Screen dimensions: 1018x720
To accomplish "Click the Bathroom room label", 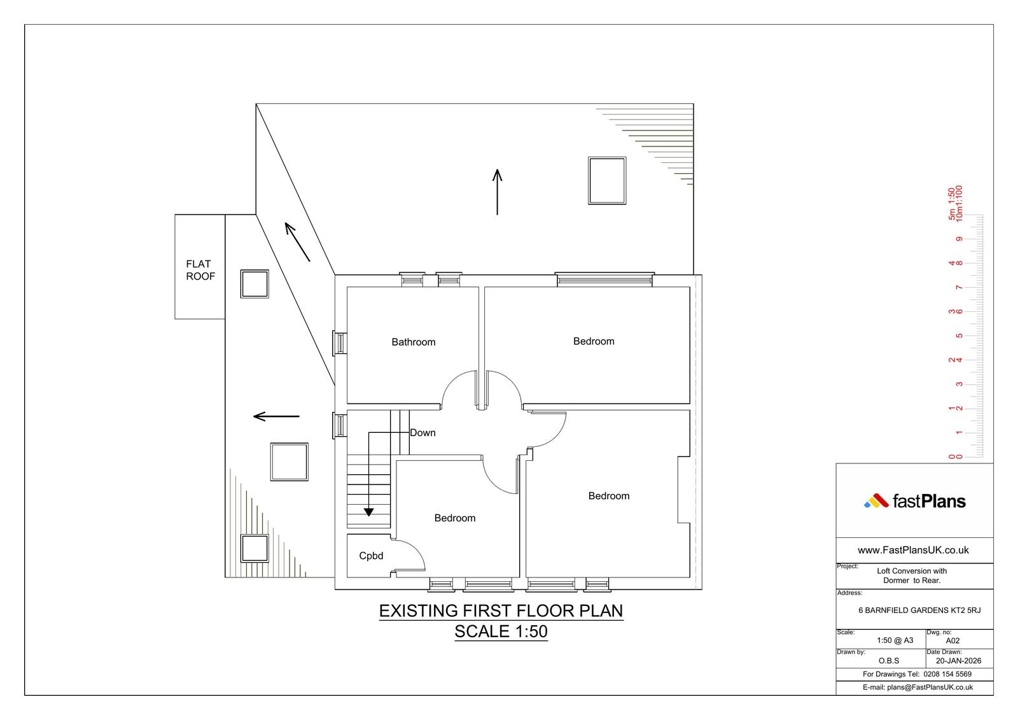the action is tap(413, 342).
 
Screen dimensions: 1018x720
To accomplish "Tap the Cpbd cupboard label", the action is tap(371, 556).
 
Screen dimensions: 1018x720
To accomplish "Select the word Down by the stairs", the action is tap(422, 432).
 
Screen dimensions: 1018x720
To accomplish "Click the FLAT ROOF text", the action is tap(200, 270).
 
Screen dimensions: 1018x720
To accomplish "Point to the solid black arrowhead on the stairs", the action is tap(368, 512).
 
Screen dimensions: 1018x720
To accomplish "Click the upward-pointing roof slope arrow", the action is tap(497, 192).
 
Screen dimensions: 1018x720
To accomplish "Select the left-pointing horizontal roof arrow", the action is tap(276, 416).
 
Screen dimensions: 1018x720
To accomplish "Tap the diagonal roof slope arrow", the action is tap(297, 241).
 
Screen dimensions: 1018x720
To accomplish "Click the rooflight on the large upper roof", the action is tap(607, 181).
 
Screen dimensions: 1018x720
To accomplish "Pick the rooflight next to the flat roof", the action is tap(254, 284).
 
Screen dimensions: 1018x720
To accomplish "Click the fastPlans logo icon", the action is tap(875, 501).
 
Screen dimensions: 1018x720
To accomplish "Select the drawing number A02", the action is tap(952, 641).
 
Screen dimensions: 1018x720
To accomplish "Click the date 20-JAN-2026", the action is tap(958, 661).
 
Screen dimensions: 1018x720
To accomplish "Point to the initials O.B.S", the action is tap(888, 661).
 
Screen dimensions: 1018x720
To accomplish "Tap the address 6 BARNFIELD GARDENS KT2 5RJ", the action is tap(919, 611).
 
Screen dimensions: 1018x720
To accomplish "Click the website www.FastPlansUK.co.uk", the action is tap(913, 551).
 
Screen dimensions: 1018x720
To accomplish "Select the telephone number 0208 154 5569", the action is tap(947, 674).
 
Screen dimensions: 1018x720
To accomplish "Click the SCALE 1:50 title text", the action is tap(501, 632).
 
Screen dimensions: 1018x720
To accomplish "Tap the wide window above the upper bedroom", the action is tap(604, 279).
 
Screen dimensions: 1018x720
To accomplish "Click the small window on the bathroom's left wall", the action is tap(340, 343).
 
